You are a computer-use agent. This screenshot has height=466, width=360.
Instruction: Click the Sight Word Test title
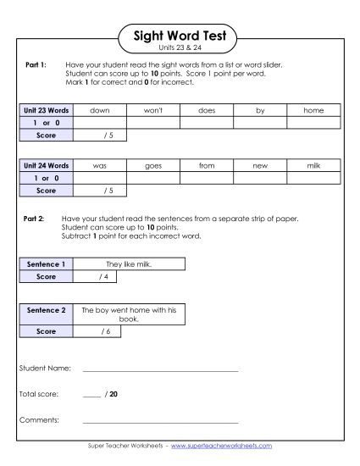(179, 36)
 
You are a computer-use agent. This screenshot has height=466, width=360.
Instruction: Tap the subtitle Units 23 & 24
(179, 49)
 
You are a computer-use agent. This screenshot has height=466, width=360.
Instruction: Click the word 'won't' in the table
(153, 110)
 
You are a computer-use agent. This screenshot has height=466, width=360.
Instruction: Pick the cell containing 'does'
(207, 110)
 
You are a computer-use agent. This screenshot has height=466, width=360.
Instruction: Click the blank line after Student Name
(160, 369)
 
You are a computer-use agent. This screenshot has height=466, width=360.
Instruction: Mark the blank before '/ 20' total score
(91, 395)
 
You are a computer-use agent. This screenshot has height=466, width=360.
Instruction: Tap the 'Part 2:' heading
(34, 219)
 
